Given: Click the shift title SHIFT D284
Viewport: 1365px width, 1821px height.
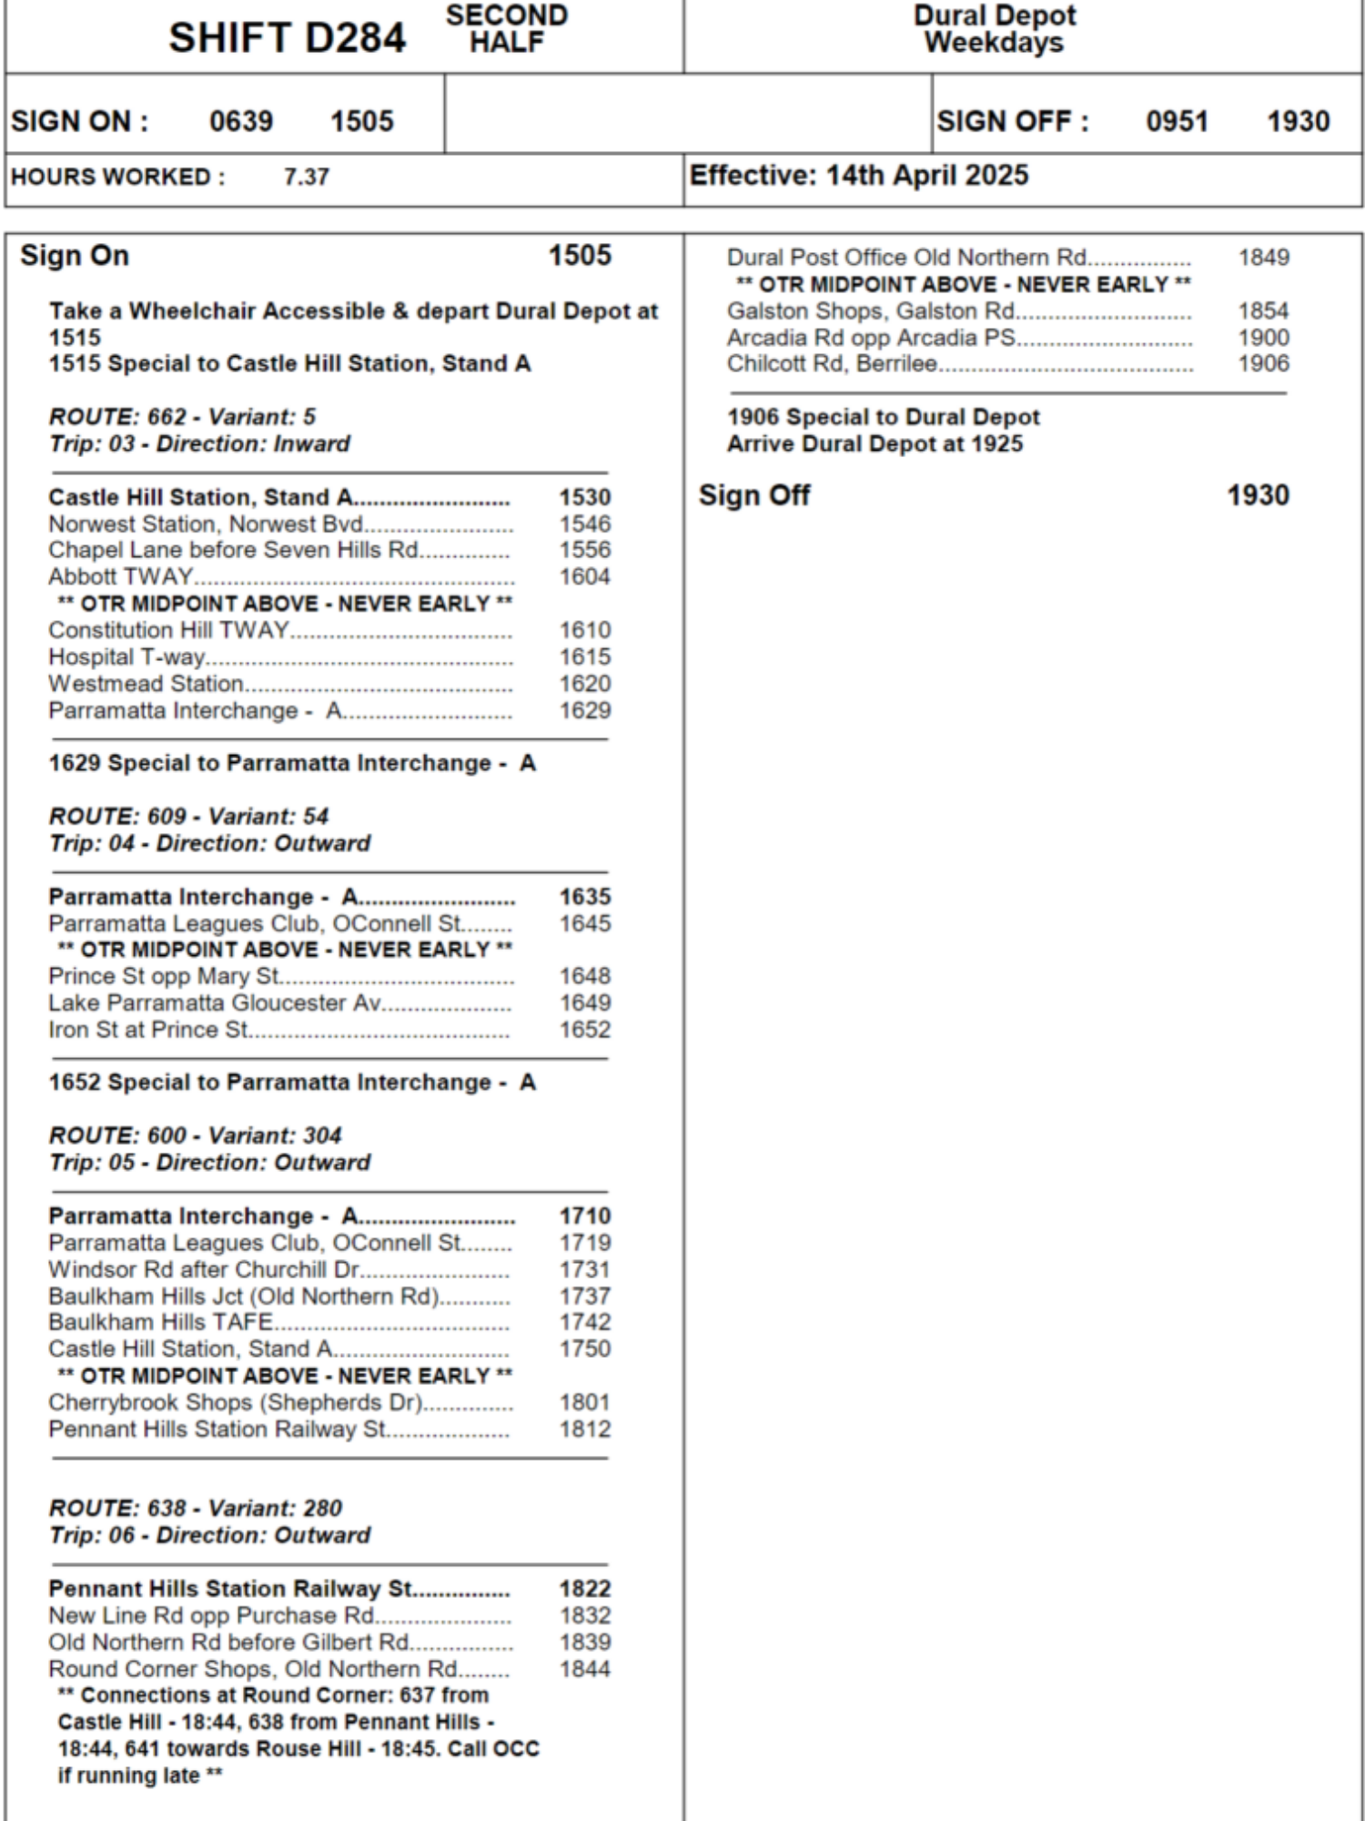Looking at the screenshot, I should point(287,38).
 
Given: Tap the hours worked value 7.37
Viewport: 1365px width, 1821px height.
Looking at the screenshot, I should point(306,177).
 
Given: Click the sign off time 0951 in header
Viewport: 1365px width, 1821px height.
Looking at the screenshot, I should point(1177,121).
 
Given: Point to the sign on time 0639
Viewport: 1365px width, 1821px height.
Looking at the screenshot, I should point(241,121).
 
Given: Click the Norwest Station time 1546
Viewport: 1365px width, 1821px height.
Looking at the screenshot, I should point(584,524).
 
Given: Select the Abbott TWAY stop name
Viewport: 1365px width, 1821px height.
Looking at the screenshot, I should point(120,576).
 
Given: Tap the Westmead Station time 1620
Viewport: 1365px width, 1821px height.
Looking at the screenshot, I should point(584,684).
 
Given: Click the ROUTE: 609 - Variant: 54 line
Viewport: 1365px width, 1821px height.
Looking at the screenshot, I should point(188,816).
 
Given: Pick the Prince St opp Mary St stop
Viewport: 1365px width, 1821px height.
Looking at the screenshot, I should point(164,976).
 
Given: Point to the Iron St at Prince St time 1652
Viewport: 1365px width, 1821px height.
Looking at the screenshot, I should point(584,1030).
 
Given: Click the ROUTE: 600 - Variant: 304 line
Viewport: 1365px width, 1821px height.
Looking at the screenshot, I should point(195,1135).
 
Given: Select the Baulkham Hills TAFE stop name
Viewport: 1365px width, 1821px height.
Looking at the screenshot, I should point(160,1322).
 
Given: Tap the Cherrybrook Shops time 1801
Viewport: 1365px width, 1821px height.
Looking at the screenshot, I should point(584,1402).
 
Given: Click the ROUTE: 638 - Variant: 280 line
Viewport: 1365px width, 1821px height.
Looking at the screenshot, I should point(195,1508).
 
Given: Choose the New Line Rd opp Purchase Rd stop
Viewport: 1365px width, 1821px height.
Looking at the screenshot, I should point(211,1615).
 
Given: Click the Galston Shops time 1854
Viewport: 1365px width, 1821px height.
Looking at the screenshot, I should point(1263,310).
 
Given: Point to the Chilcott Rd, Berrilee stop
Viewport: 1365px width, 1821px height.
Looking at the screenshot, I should point(831,363).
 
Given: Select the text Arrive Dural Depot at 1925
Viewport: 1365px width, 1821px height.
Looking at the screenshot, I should point(875,443).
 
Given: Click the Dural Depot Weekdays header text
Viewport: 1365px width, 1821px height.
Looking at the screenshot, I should point(994,29).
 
